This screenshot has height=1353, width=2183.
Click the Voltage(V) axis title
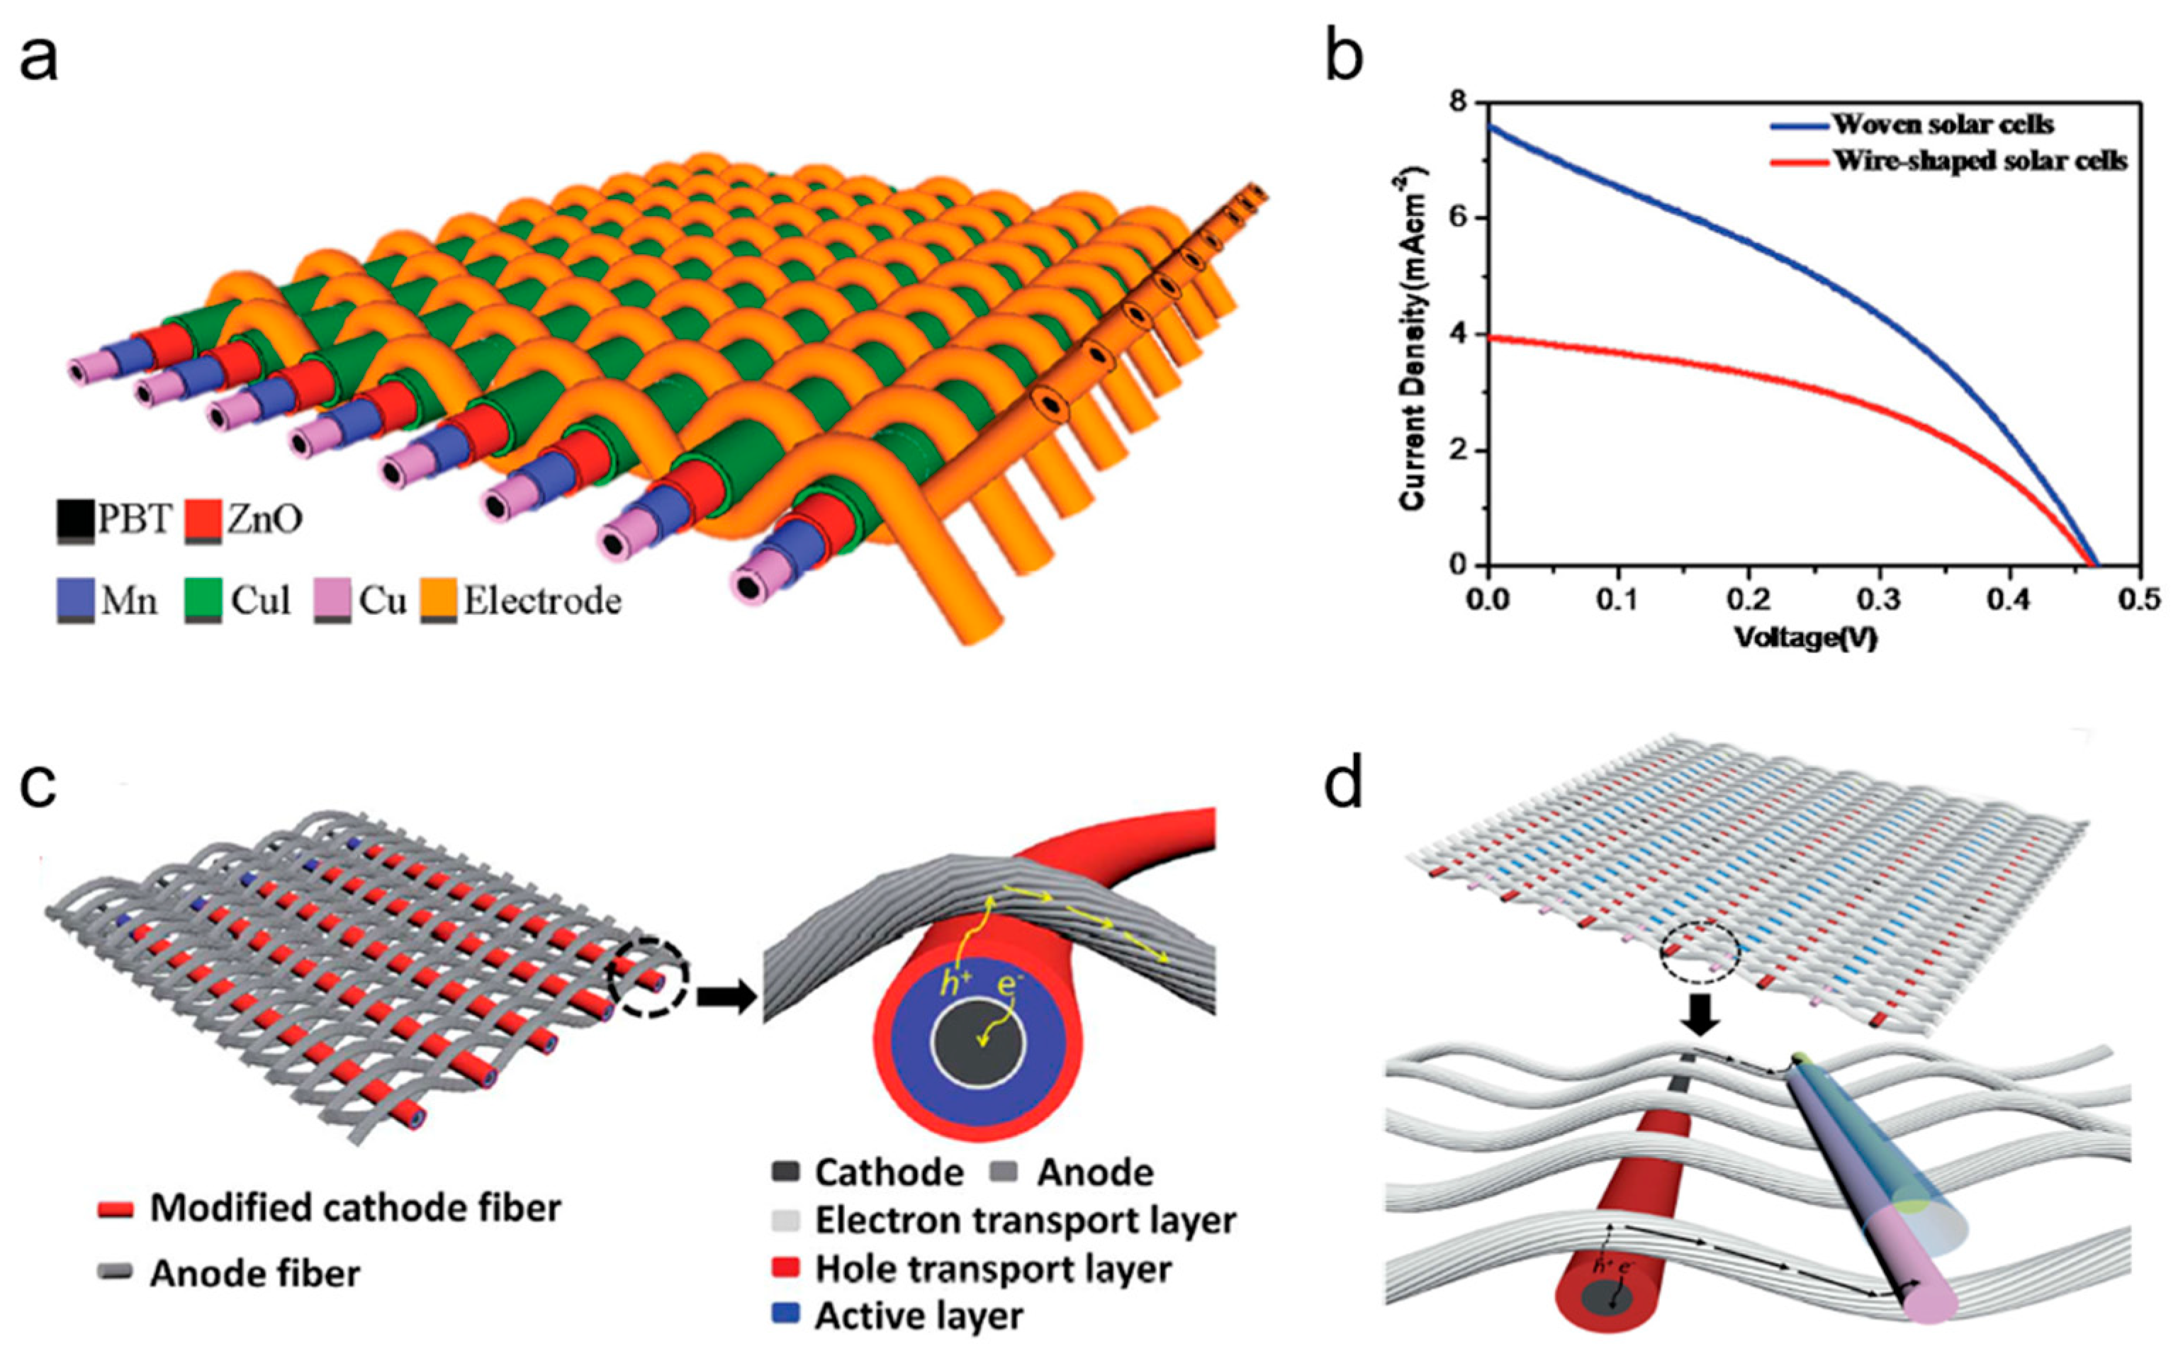pyautogui.click(x=1805, y=637)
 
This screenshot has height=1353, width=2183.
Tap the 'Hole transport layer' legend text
pyautogui.click(x=992, y=1269)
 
